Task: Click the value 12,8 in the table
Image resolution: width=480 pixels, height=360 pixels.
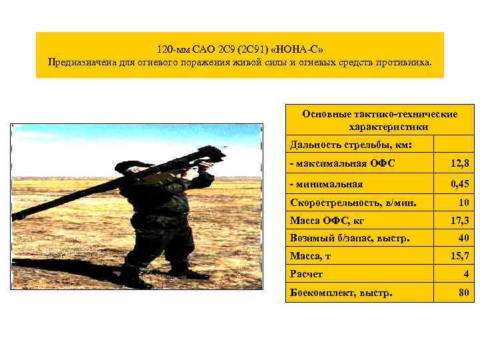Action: tap(460, 163)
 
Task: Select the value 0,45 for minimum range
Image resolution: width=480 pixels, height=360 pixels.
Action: tap(460, 183)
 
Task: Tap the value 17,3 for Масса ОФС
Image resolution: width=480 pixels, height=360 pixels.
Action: tap(460, 219)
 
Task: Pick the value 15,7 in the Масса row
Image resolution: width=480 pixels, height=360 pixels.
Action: tap(460, 255)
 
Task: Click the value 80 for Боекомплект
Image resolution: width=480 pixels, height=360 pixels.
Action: tap(463, 292)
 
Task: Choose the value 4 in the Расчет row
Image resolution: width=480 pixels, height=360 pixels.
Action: tap(466, 274)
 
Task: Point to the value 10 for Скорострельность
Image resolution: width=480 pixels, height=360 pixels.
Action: tap(463, 202)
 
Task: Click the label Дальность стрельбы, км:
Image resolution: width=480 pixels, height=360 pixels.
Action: tap(351, 145)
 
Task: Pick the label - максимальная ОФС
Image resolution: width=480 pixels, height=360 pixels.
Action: tap(339, 163)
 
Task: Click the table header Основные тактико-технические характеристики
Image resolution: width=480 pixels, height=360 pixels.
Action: tap(379, 120)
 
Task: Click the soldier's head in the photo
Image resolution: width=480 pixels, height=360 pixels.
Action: tap(134, 165)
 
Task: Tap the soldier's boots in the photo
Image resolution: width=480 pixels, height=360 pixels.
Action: tap(153, 275)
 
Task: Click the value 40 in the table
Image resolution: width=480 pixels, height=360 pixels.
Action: tap(463, 237)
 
